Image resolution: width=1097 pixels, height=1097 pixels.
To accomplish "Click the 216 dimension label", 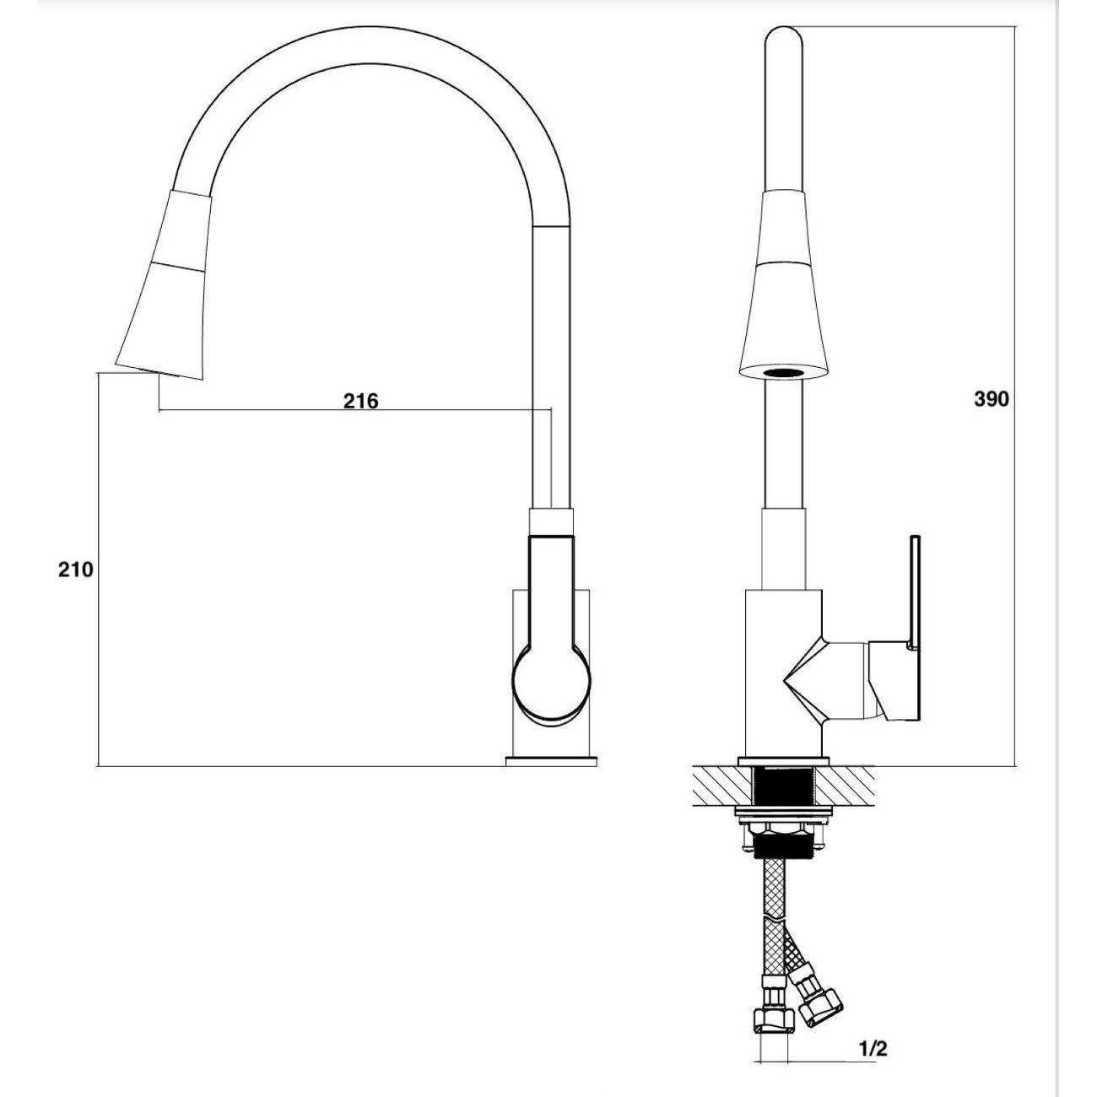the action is point(360,401).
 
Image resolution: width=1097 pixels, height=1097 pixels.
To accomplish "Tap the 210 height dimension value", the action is point(75,570).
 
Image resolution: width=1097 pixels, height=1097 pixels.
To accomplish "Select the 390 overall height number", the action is point(992,400).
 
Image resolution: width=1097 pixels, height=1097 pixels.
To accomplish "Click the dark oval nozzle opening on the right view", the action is point(783,373).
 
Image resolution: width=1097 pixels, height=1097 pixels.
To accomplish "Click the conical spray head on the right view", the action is point(783,284).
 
